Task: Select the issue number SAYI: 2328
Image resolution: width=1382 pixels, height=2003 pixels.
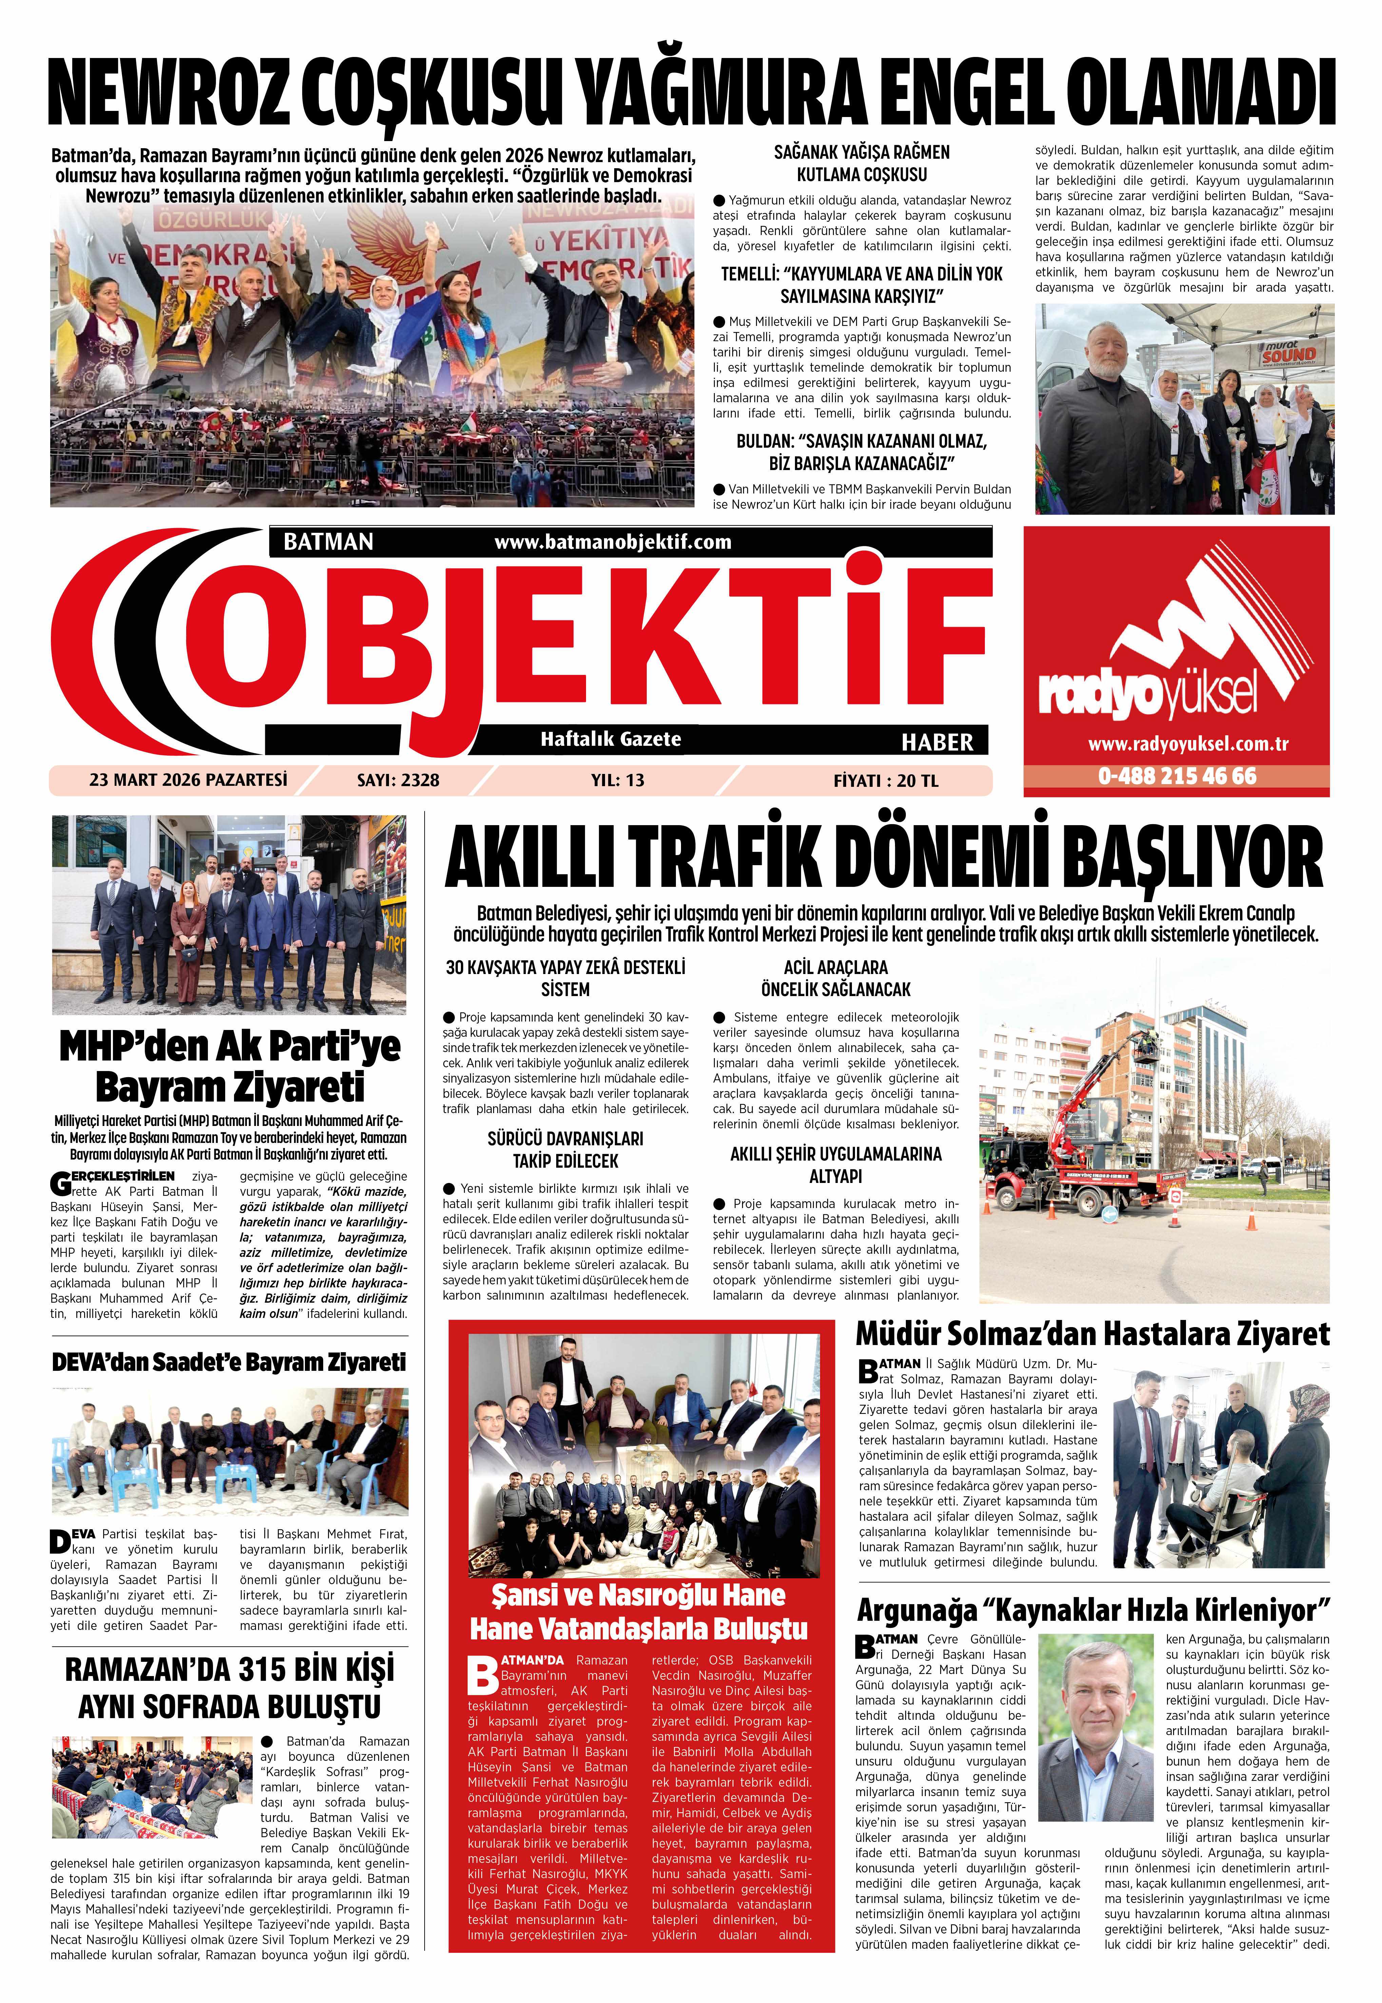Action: coord(398,780)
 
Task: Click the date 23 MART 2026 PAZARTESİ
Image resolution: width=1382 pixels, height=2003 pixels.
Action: coord(188,779)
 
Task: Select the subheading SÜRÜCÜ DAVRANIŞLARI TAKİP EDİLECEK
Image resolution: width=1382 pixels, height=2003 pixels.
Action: coord(565,1150)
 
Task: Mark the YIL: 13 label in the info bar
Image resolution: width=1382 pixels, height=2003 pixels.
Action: coord(617,780)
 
